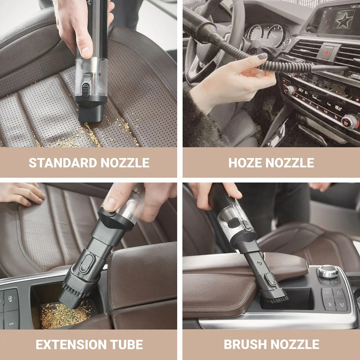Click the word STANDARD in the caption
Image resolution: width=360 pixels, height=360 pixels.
[x=63, y=163]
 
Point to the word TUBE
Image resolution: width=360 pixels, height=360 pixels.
[x=127, y=344]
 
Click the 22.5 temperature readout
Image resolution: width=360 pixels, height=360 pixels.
[x=301, y=90]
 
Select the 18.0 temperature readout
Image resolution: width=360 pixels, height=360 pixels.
[x=338, y=108]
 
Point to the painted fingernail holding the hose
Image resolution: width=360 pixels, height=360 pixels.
[x=262, y=56]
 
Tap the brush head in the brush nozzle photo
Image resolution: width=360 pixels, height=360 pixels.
[x=275, y=296]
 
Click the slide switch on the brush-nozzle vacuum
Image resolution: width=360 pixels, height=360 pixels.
[x=246, y=225]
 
